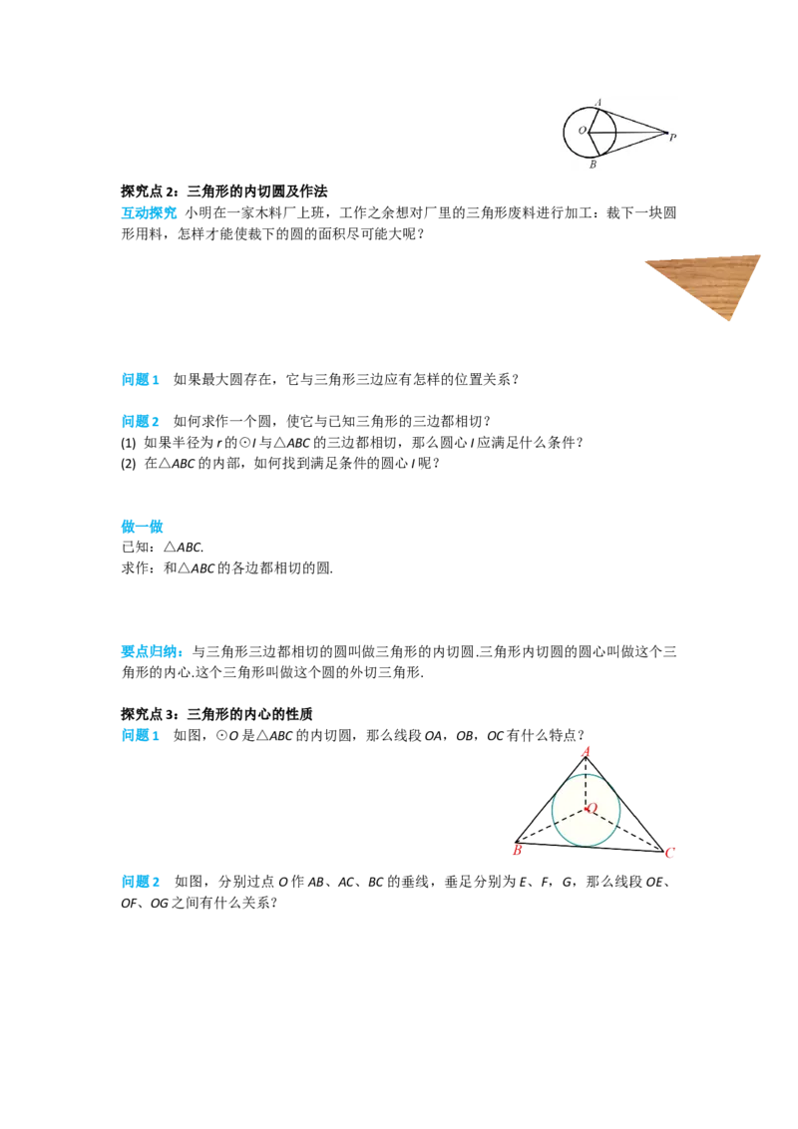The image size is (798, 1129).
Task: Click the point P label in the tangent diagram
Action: pyautogui.click(x=672, y=137)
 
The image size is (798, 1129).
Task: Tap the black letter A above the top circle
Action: pyautogui.click(x=598, y=103)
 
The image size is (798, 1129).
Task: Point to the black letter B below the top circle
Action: pyautogui.click(x=593, y=165)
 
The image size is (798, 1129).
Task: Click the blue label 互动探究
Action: pyautogui.click(x=149, y=213)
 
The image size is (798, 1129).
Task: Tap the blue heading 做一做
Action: pyautogui.click(x=142, y=527)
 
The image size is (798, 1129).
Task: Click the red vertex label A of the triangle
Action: pyautogui.click(x=587, y=752)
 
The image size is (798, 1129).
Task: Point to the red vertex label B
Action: pyautogui.click(x=517, y=851)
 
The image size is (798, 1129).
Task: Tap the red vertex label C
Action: pyautogui.click(x=669, y=853)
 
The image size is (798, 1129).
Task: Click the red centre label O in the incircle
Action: pyautogui.click(x=593, y=809)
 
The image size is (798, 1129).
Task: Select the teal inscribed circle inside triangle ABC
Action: pyautogui.click(x=553, y=811)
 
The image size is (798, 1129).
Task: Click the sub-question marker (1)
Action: pyautogui.click(x=129, y=443)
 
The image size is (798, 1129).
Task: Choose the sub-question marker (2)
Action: pyautogui.click(x=129, y=464)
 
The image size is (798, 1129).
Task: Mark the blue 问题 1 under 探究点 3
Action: pyautogui.click(x=141, y=735)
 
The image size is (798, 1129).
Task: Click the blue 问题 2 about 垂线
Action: pyautogui.click(x=141, y=882)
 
